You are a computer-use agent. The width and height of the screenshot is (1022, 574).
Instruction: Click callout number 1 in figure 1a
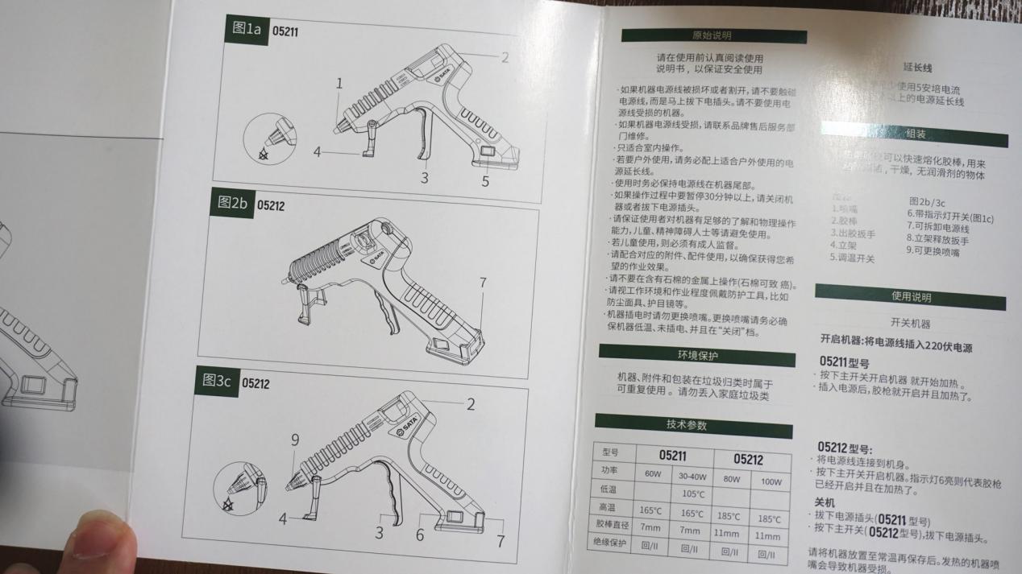[x=339, y=83]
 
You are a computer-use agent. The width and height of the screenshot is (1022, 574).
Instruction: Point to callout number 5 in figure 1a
[x=485, y=181]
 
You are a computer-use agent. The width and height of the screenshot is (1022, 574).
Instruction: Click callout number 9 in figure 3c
[x=295, y=440]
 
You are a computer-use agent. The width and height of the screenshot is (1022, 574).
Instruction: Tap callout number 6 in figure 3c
[x=420, y=535]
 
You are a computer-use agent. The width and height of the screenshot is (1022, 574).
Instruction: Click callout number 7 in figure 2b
[x=483, y=283]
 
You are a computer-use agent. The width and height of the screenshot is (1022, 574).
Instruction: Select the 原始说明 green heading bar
[x=713, y=36]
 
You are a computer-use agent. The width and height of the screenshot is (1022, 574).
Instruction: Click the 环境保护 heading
[x=696, y=355]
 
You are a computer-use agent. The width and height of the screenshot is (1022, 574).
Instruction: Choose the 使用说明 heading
[x=910, y=297]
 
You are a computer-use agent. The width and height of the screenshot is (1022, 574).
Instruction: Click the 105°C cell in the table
[x=693, y=493]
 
